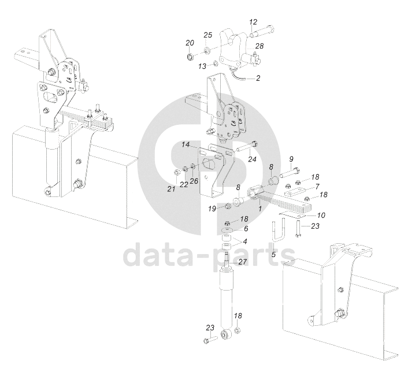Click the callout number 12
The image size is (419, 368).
[253, 22]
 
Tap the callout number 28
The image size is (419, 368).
[259, 46]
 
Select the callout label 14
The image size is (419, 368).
[186, 144]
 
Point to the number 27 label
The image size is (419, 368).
[242, 262]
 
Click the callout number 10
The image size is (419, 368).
[321, 215]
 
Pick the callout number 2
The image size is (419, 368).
[258, 78]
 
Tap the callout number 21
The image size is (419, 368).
[171, 189]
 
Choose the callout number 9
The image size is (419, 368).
[291, 159]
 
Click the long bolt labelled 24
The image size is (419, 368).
[247, 147]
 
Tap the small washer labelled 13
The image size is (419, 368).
[216, 64]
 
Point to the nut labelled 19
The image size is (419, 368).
[228, 206]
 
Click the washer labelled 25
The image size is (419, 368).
[206, 50]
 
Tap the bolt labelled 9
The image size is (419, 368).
[290, 173]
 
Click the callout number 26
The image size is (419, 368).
[194, 181]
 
